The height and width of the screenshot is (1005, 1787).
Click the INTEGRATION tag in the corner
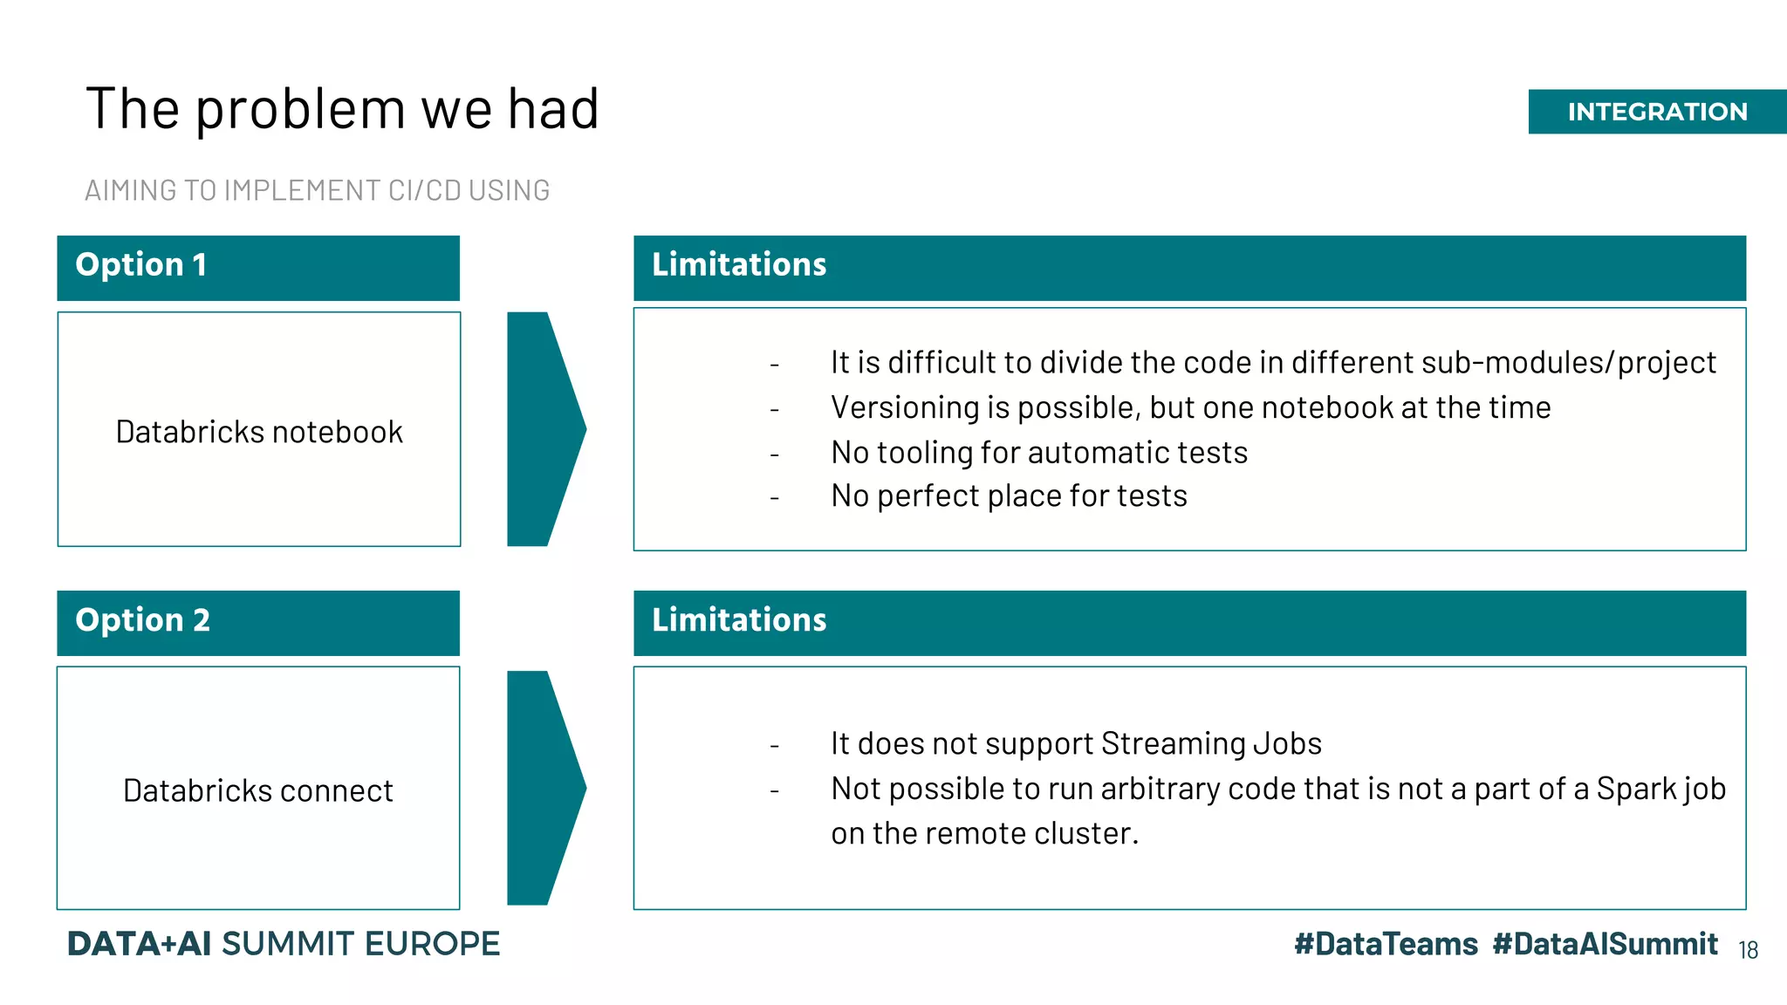pos(1656,112)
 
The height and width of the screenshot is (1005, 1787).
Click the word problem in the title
pos(300,111)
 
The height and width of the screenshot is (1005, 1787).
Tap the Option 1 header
pos(141,265)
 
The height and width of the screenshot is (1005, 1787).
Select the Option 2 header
pos(143,620)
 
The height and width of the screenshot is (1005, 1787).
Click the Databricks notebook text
pos(259,432)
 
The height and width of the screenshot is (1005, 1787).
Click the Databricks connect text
pos(258,790)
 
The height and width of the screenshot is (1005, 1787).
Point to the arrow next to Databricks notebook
pos(543,429)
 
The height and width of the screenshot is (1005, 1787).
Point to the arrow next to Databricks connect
pos(543,788)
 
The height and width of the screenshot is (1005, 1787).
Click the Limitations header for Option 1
pos(739,265)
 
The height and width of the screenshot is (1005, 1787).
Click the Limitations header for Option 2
pos(739,620)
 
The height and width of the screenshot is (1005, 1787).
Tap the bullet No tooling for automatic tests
pos(1038,453)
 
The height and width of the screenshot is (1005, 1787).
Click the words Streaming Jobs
pos(1211,743)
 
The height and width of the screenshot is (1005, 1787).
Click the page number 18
pos(1748,950)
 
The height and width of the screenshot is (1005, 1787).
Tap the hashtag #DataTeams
pos(1386,944)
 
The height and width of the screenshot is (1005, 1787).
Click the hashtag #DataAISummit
pos(1605,944)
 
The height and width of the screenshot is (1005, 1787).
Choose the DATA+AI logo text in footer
pos(140,944)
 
